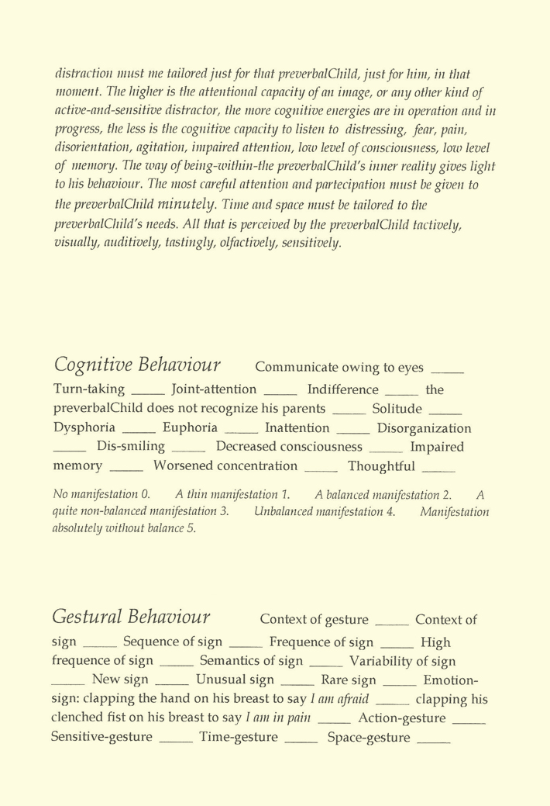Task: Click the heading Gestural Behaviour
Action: [x=131, y=617]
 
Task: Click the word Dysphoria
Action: [x=84, y=428]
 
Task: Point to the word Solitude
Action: [x=397, y=409]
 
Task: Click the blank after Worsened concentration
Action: [x=321, y=471]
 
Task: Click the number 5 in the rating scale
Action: [x=193, y=529]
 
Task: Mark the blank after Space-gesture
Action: [x=434, y=742]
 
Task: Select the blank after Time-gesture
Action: [x=301, y=742]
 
